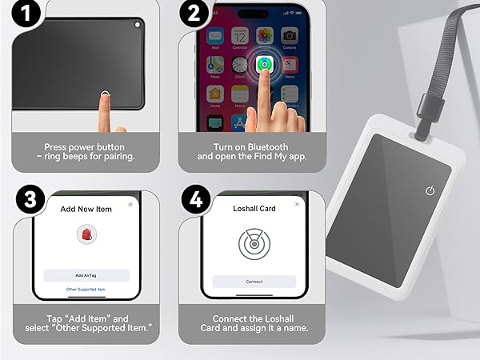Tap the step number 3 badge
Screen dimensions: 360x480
30,200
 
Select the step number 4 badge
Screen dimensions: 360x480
194,200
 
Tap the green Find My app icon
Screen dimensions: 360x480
264,64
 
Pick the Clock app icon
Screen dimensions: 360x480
239,65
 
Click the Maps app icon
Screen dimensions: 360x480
215,65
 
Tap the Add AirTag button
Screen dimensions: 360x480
86,274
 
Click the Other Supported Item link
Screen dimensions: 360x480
86,289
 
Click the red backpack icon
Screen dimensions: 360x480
86,235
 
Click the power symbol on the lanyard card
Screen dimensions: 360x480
430,190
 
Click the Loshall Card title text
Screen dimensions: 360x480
254,209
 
